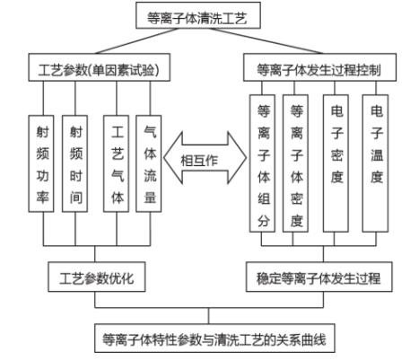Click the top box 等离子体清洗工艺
(x=208, y=15)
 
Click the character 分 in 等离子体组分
(x=261, y=221)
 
